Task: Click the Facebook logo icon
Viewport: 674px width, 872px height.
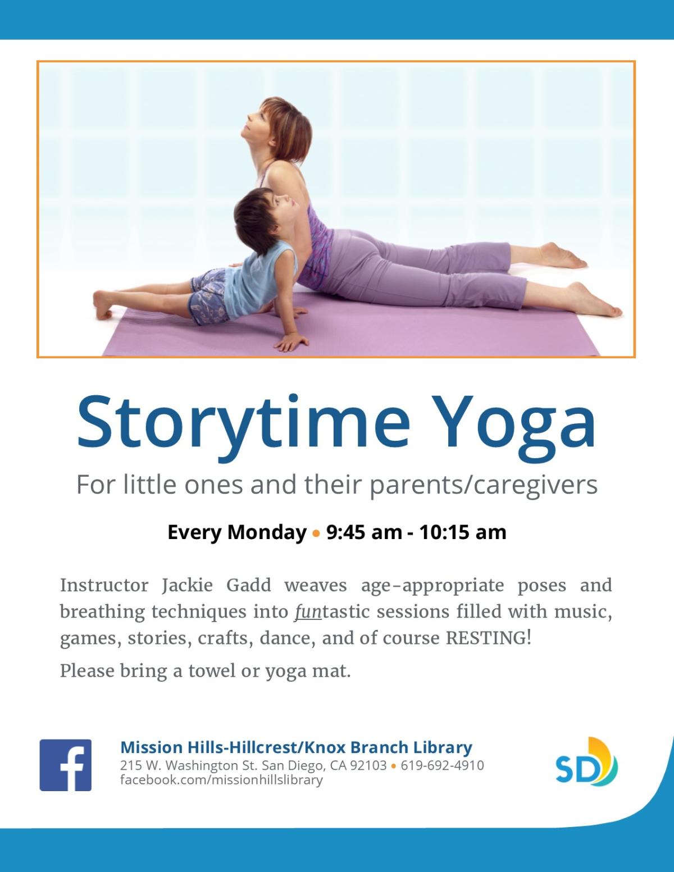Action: point(65,765)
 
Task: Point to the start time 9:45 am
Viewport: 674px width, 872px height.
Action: point(364,532)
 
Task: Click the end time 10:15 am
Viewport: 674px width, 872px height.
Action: point(463,532)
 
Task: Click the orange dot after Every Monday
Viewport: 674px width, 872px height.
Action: point(316,534)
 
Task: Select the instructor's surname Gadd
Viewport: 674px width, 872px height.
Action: point(249,585)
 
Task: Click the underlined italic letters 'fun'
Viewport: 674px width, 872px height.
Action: point(308,612)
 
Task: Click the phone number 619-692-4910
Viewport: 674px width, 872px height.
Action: point(443,765)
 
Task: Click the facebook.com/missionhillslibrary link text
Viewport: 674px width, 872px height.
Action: point(222,780)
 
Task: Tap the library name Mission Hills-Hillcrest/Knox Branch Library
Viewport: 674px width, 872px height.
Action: point(296,747)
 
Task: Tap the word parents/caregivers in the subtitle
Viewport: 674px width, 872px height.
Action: point(484,485)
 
